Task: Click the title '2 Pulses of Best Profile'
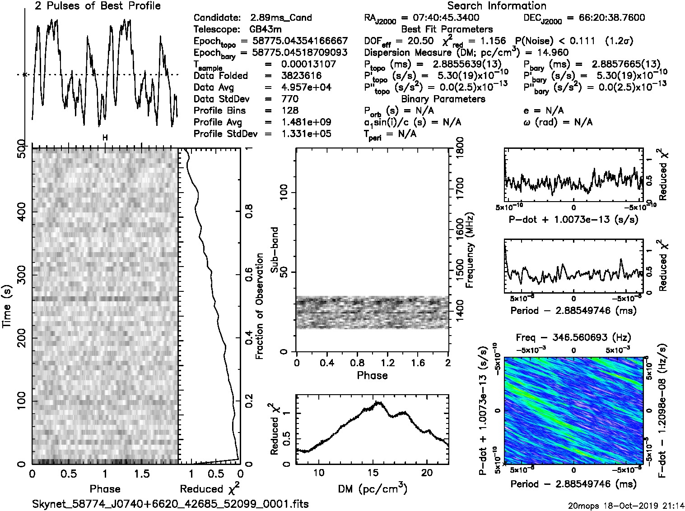[x=98, y=6]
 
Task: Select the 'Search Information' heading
[x=496, y=6]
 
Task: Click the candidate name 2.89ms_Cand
[x=280, y=18]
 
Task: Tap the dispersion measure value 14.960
[x=553, y=53]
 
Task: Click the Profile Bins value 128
[x=289, y=110]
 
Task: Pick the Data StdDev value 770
[x=289, y=99]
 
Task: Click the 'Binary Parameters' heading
[x=443, y=99]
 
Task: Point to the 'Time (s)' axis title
[x=7, y=306]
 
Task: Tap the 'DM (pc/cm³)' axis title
[x=372, y=489]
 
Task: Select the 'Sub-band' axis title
[x=275, y=250]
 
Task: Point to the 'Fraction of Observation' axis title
[x=259, y=306]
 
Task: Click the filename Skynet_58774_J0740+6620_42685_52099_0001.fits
[x=171, y=504]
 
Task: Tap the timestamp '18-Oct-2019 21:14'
[x=644, y=505]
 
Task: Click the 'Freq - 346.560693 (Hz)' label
[x=573, y=337]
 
